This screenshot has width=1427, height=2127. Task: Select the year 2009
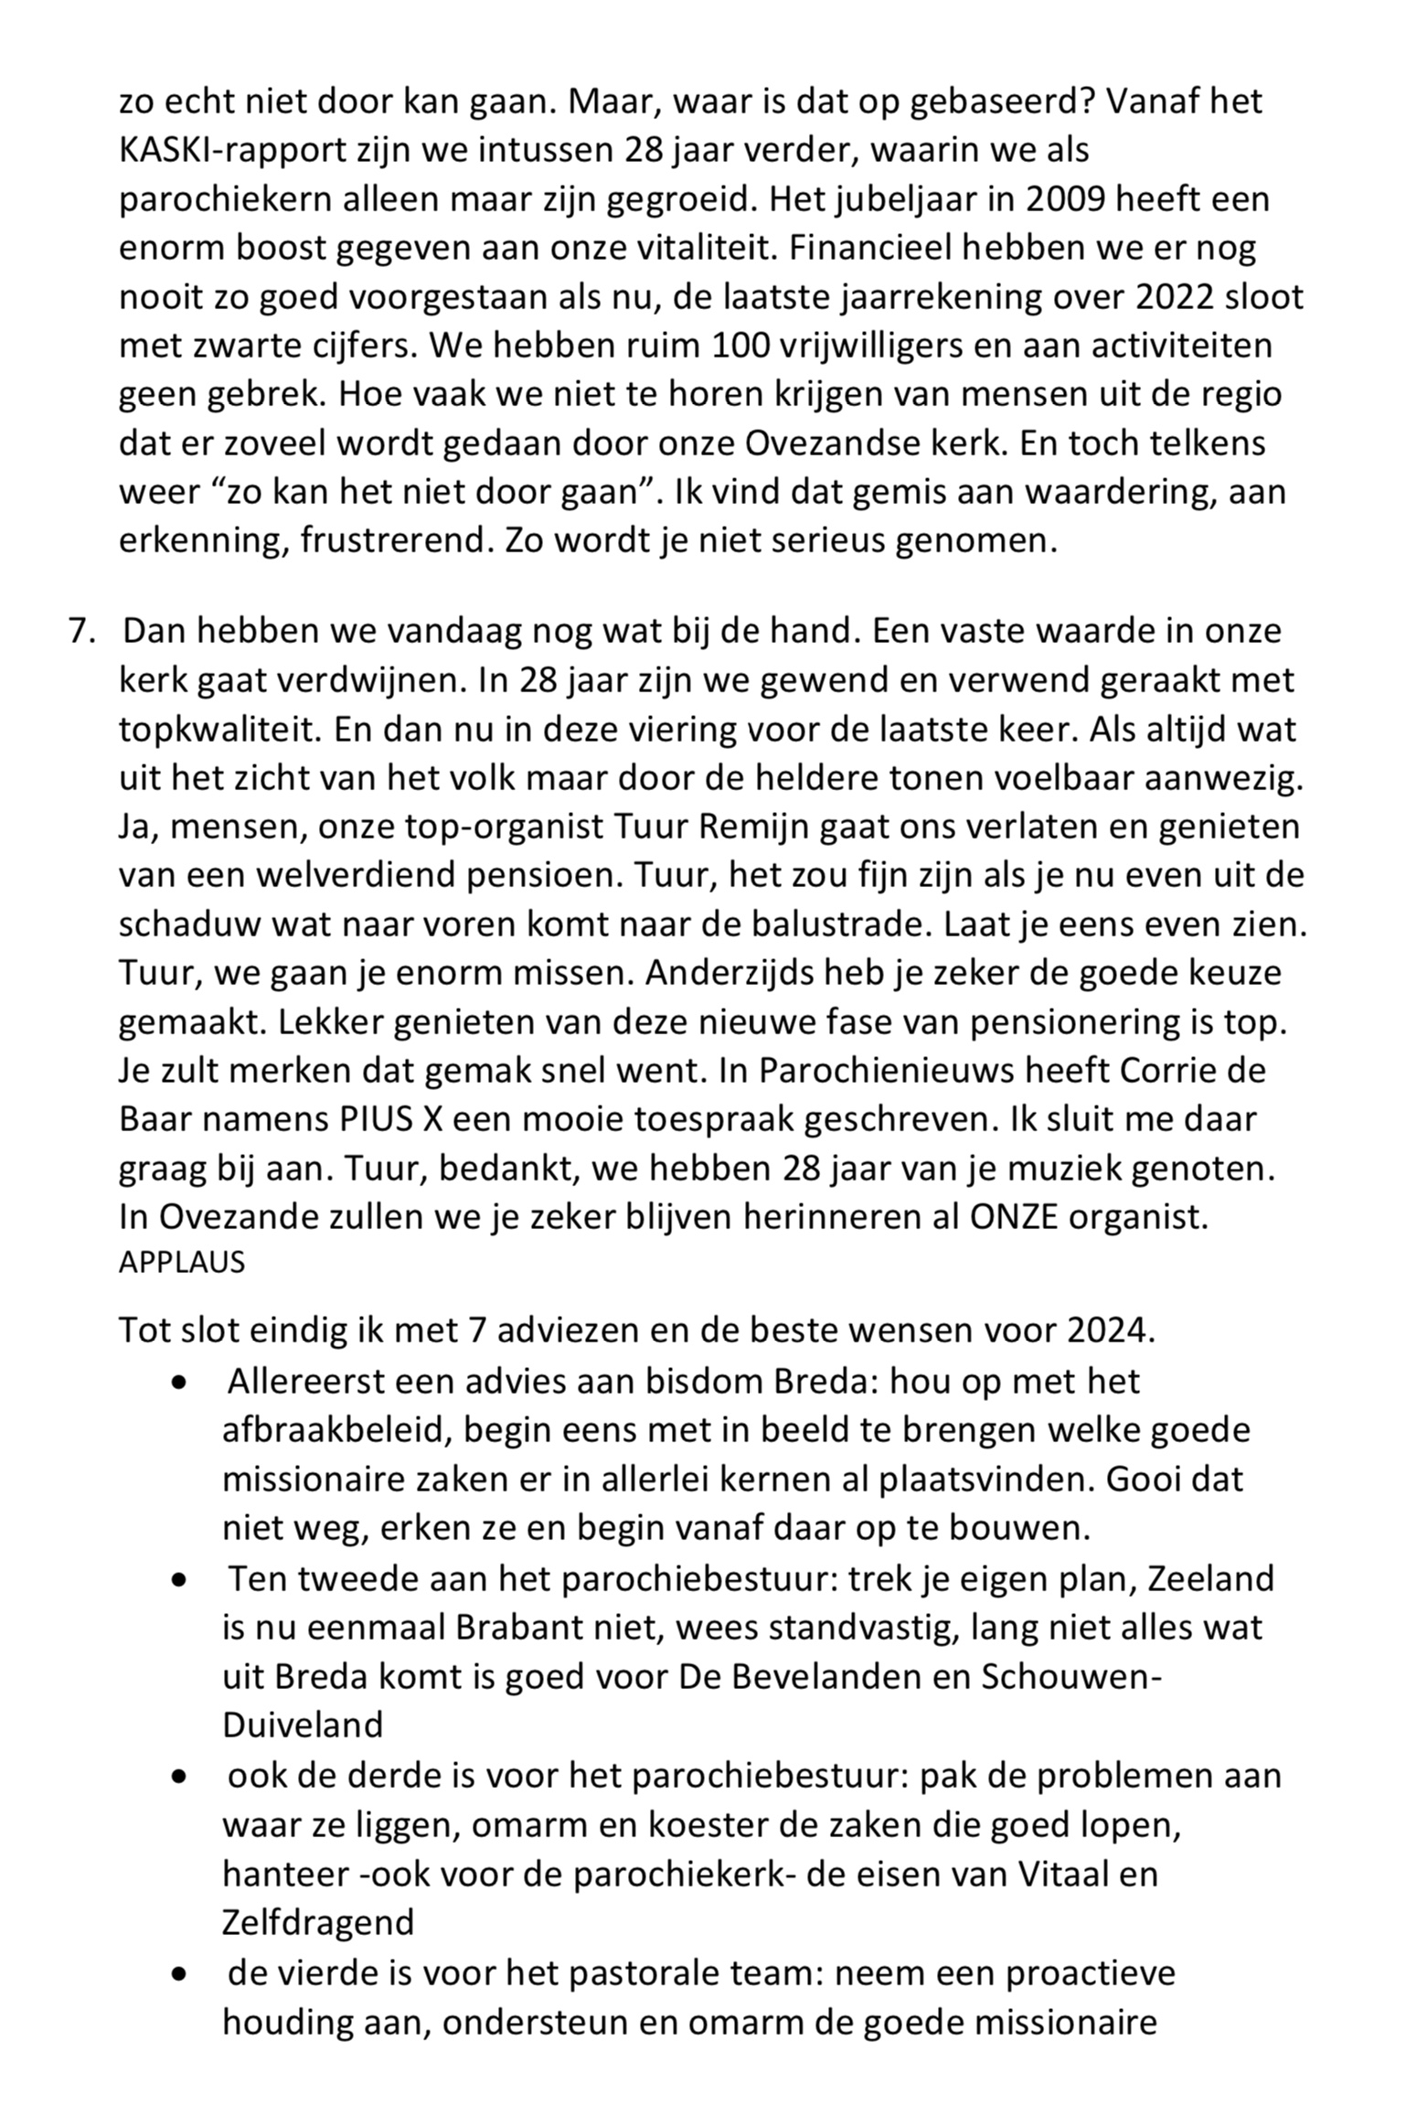click(1048, 198)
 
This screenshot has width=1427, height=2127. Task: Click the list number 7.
click(80, 631)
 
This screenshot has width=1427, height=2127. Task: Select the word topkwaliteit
click(218, 729)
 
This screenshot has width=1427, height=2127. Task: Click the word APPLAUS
click(182, 1262)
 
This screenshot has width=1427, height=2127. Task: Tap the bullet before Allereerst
click(179, 1382)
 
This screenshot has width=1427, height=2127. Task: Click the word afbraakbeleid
click(333, 1429)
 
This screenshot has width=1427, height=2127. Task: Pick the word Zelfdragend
click(318, 1921)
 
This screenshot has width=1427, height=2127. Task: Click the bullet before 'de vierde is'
click(179, 1973)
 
